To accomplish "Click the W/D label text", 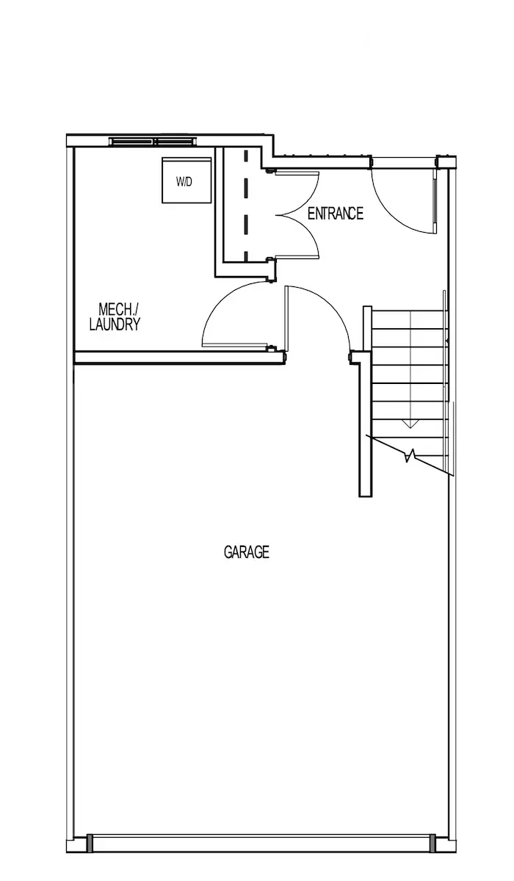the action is coord(184,182).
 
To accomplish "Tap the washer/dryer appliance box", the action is coord(187,180).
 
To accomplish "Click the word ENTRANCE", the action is coord(336,214).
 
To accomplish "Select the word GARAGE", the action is coord(247,552).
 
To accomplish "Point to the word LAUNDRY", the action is coord(115,325).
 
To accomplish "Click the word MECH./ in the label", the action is coord(118,310).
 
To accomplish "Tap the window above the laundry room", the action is coord(153,141).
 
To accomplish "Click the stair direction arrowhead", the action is coord(410,424).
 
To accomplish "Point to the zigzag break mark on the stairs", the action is coord(410,456).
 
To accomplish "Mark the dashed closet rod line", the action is coord(246,206).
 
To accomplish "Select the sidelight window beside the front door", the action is coord(435,206).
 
